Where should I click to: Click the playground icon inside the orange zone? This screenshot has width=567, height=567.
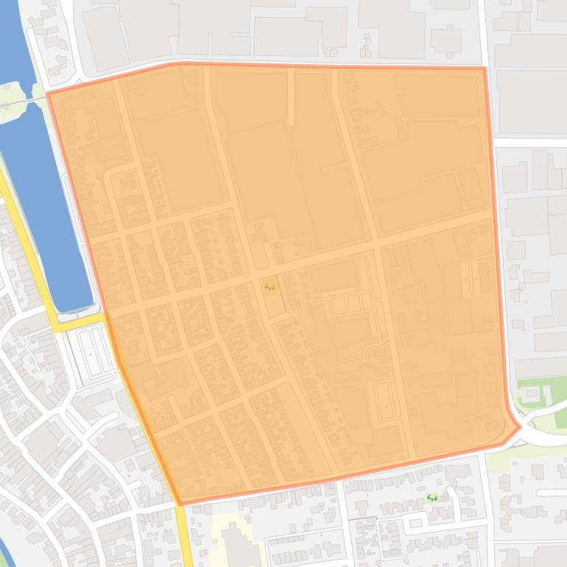[x=270, y=286]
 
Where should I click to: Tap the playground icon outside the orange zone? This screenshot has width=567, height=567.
[x=432, y=498]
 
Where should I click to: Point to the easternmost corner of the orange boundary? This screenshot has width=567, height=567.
[x=520, y=426]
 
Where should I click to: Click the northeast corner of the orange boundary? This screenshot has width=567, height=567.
[x=484, y=68]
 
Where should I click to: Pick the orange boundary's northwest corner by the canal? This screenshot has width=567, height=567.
[x=49, y=94]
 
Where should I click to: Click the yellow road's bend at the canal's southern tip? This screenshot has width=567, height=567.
[x=59, y=325]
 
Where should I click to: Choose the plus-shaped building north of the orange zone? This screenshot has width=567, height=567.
[x=445, y=38]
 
